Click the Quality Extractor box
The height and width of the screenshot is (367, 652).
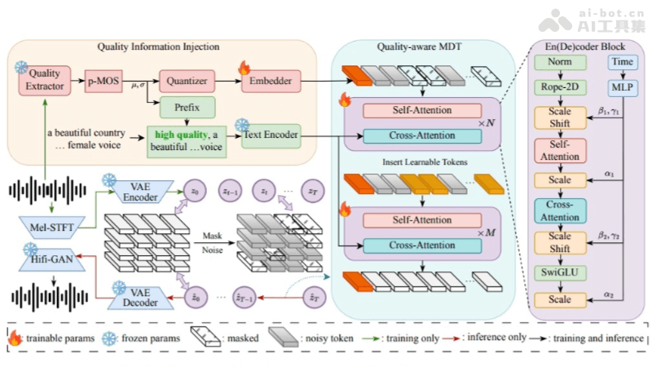click(x=45, y=81)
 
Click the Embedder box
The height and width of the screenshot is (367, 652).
click(x=271, y=81)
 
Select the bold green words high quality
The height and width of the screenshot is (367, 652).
click(x=174, y=133)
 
